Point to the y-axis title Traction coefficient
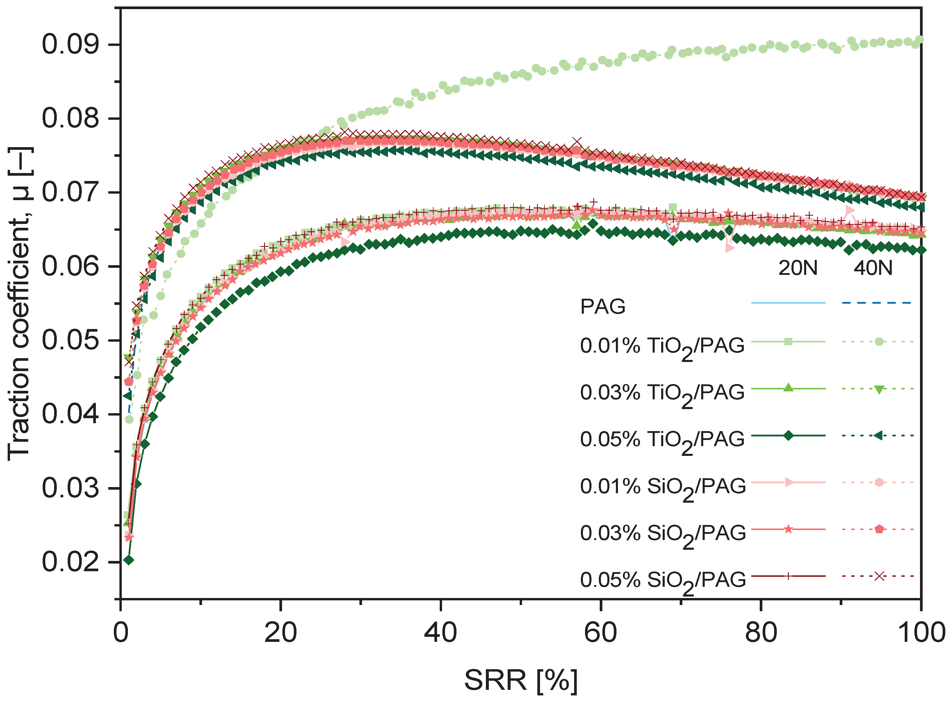click(x=19, y=303)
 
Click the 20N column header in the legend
click(x=797, y=268)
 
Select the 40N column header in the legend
click(x=873, y=268)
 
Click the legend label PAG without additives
click(x=603, y=306)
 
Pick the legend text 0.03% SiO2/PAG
click(x=662, y=533)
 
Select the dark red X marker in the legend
click(x=879, y=576)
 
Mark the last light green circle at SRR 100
click(x=919, y=40)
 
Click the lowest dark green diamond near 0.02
click(x=129, y=560)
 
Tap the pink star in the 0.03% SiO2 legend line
click(x=788, y=529)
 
